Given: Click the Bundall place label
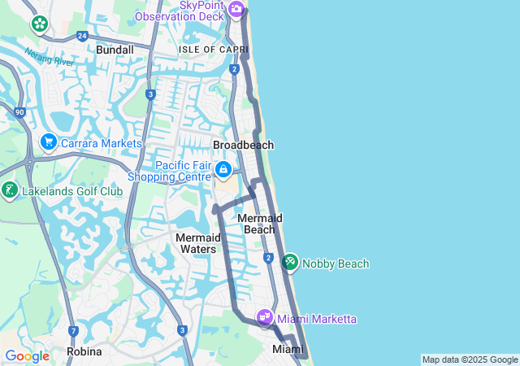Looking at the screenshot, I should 115,50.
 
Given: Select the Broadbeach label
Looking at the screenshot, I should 243,145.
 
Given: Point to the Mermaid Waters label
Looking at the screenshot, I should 197,242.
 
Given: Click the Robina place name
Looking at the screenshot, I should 84,351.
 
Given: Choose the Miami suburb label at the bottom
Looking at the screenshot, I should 288,349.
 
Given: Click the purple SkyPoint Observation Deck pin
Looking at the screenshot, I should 236,9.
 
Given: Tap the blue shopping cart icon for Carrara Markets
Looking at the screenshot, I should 48,142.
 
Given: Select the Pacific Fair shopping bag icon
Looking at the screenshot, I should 223,170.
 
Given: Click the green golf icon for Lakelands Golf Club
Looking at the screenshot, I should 10,190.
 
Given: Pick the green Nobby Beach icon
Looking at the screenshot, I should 290,263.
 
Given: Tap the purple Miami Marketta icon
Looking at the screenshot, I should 265,318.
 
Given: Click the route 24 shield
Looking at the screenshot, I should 82,36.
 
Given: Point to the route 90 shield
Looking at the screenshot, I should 19,111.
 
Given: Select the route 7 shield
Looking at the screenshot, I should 73,331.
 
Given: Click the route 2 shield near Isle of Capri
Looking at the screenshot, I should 234,69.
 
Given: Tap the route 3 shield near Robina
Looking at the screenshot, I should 182,330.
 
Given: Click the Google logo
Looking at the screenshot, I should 27,355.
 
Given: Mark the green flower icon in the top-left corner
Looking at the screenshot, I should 39,24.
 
